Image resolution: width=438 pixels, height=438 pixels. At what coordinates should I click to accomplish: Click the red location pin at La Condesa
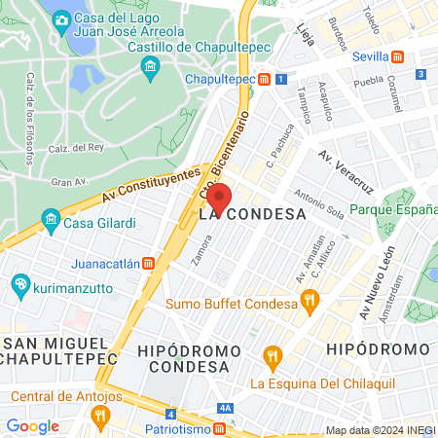[x=219, y=198]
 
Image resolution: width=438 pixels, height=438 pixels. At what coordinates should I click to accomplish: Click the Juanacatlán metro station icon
[x=148, y=261]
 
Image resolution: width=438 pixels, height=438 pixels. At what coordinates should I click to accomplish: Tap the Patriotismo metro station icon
[x=222, y=427]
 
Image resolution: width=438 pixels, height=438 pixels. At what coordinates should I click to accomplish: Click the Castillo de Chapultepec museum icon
[x=150, y=66]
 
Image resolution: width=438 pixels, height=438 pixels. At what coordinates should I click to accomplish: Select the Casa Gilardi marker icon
[x=50, y=222]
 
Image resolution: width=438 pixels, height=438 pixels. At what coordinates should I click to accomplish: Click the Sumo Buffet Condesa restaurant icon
[x=310, y=300]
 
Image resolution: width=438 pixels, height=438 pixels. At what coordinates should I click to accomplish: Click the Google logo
[x=32, y=425]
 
